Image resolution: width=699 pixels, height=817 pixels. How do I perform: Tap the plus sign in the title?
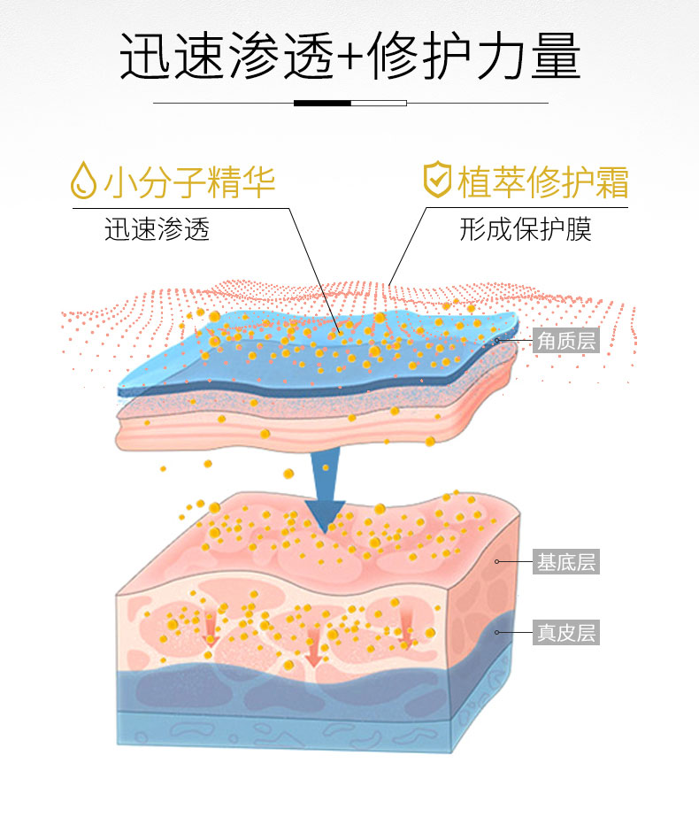click(349, 58)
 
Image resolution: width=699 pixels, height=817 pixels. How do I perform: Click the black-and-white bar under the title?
click(349, 103)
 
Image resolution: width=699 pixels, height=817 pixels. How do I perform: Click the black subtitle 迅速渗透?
click(157, 229)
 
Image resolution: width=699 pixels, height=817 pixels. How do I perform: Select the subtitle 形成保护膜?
click(526, 229)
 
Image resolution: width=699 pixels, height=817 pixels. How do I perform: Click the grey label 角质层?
click(566, 340)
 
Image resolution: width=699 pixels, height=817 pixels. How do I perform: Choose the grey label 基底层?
click(566, 561)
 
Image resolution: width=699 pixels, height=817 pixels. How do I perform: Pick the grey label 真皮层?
click(566, 632)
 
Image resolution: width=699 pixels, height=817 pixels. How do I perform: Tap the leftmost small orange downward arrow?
click(211, 628)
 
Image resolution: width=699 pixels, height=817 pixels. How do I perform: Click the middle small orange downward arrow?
click(313, 651)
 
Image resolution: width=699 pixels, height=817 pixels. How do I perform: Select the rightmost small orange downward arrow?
click(408, 630)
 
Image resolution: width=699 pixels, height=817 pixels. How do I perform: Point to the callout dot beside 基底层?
click(498, 561)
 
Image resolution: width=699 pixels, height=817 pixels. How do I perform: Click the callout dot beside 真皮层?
click(498, 632)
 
